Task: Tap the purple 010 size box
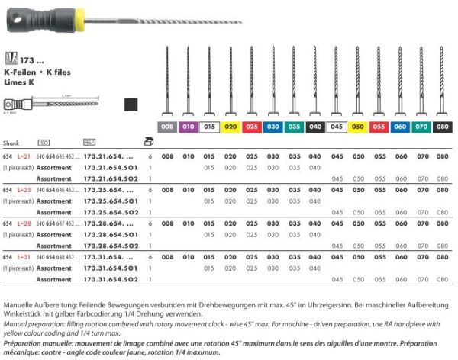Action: coord(189,126)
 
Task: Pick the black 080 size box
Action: coord(442,126)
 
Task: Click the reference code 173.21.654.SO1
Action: coord(108,166)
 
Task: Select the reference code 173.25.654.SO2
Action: coord(108,211)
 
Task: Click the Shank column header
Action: coord(11,142)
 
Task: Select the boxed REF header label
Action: coord(89,142)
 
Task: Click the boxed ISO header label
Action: coord(44,142)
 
